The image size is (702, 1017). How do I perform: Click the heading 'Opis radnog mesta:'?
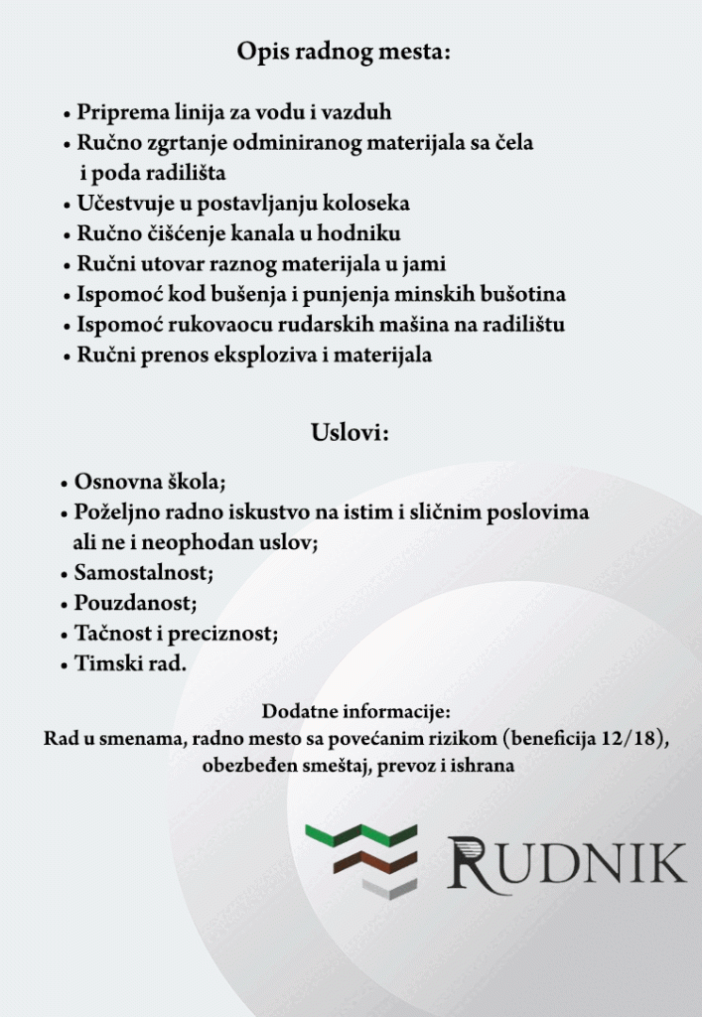(x=344, y=52)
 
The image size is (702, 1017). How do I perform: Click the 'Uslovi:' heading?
(x=349, y=433)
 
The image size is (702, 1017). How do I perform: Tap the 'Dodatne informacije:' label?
(x=356, y=712)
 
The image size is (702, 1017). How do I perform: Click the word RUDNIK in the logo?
(x=567, y=862)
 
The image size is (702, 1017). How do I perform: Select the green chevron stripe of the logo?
(x=361, y=835)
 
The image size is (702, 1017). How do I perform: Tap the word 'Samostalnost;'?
(x=143, y=573)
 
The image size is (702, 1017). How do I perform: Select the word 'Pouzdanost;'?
(x=135, y=603)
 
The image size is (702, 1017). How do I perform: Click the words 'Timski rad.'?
(x=130, y=663)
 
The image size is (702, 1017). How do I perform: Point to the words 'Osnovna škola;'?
(x=150, y=483)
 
